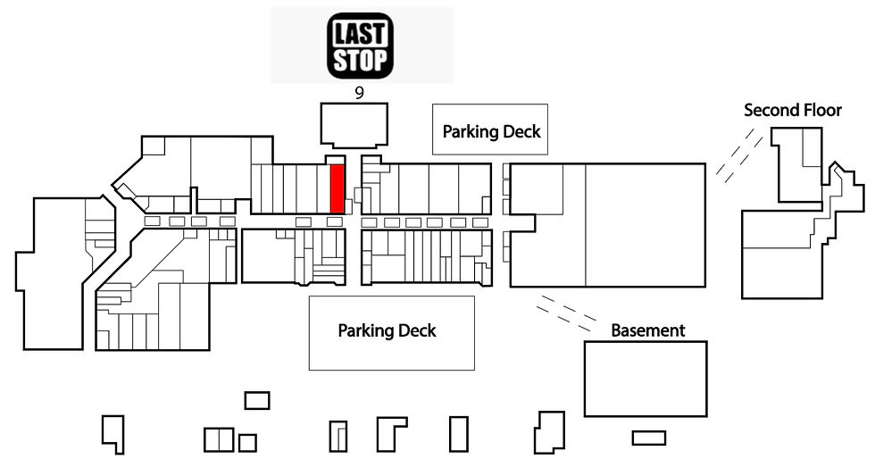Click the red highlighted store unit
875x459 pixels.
(x=337, y=188)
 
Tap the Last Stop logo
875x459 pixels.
(x=360, y=46)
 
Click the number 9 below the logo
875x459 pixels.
(x=359, y=93)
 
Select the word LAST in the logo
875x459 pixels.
(x=360, y=34)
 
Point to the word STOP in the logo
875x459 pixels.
(x=360, y=59)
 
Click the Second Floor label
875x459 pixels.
(x=793, y=110)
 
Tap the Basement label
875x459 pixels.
(x=647, y=330)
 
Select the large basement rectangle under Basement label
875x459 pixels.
(x=646, y=379)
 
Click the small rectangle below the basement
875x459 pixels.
(x=648, y=438)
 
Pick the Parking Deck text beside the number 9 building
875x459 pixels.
(x=491, y=132)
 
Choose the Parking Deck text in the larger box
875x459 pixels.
(x=387, y=330)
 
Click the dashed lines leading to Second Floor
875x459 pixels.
(x=739, y=155)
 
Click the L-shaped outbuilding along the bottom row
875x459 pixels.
(x=391, y=434)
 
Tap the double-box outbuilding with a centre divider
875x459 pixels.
(x=218, y=439)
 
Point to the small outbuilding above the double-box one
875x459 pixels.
(x=257, y=400)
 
